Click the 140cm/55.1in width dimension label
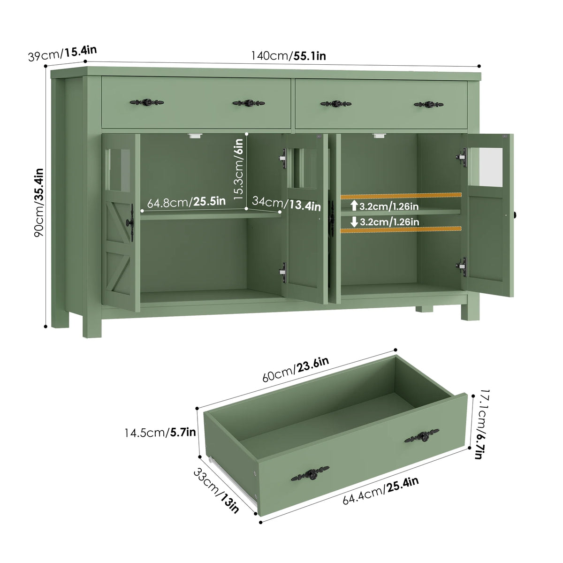(289, 55)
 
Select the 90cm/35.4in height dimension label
(39, 203)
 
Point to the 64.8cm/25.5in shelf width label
(186, 202)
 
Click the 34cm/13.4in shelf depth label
(286, 203)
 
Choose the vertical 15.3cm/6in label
(238, 169)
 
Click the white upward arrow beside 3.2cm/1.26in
(354, 205)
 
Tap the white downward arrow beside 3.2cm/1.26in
(354, 222)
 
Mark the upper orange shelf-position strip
(401, 196)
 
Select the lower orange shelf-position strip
(401, 229)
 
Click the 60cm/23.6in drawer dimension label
(296, 369)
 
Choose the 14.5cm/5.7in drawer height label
(160, 433)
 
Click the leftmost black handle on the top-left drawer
(147, 102)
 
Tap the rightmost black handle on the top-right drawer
(429, 104)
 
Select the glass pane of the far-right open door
(490, 167)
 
